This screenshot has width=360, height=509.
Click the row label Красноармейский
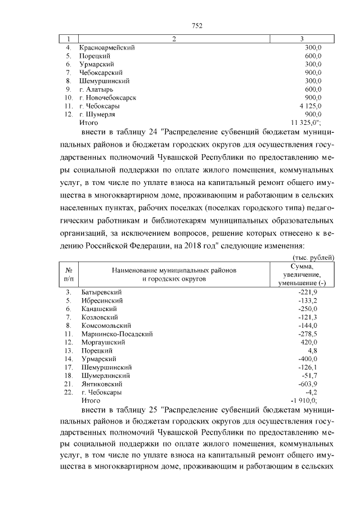coord(107,48)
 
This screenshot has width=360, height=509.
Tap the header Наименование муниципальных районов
coord(174,270)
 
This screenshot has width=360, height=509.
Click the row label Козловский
coord(100,317)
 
